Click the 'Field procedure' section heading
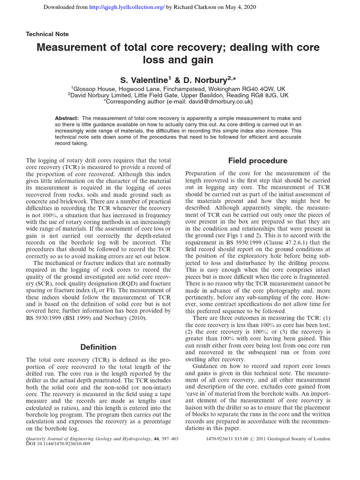point(257,161)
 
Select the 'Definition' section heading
point(98,347)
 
